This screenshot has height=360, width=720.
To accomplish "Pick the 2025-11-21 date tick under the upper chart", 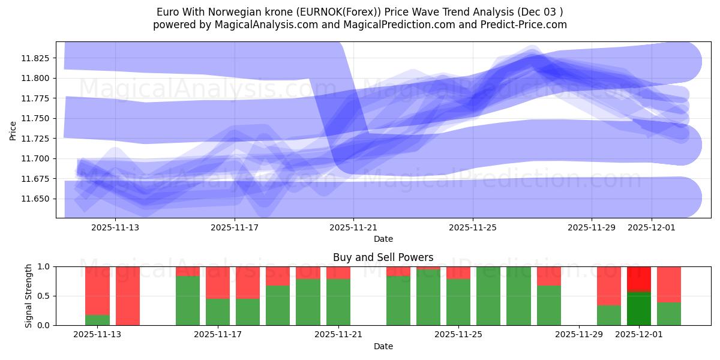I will [353, 227].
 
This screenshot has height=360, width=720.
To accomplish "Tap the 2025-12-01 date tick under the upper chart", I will [652, 227].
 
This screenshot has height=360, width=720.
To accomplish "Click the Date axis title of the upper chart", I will [383, 239].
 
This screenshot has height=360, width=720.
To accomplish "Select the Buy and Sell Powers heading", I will [383, 257].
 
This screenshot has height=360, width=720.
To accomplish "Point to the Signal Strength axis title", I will [29, 295].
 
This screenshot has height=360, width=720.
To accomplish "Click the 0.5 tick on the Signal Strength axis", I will [43, 296].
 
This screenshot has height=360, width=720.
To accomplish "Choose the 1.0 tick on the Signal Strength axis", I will [43, 266].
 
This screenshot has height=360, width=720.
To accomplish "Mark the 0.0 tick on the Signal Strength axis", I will [43, 325].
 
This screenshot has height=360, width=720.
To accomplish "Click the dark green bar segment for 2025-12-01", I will [639, 308].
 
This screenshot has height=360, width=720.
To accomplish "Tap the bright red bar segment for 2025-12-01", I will [639, 279].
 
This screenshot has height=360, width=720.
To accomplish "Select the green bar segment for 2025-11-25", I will [458, 302].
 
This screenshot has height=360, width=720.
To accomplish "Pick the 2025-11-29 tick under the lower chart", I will [579, 335].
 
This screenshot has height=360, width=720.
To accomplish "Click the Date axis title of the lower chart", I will [383, 346].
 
